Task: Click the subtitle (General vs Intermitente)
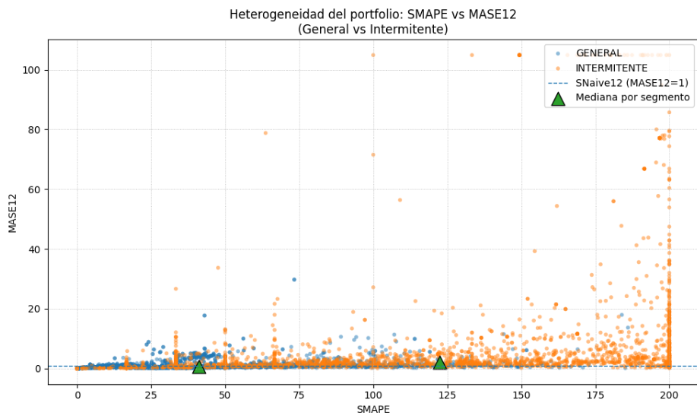[372, 30]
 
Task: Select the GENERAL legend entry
[598, 53]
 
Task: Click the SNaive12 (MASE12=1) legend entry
[626, 82]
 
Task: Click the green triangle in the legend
[559, 98]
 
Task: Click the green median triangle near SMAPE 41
[199, 367]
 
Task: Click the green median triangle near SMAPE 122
[439, 364]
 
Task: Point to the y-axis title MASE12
[12, 212]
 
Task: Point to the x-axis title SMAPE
[372, 409]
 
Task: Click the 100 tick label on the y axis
[32, 70]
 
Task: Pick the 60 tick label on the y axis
[35, 189]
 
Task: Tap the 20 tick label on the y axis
[35, 309]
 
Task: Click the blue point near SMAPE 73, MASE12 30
[294, 279]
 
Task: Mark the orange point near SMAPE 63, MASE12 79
[265, 133]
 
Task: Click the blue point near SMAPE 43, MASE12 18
[204, 316]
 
